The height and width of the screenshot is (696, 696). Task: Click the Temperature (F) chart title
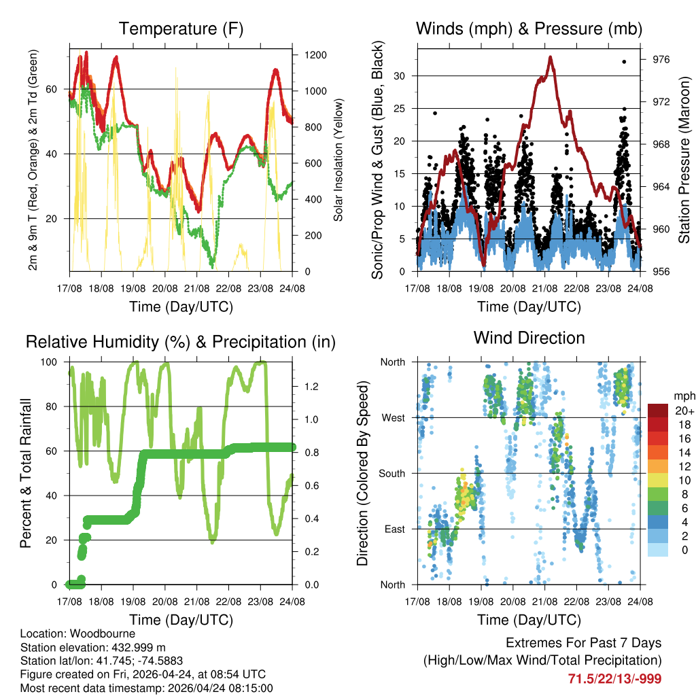pos(181,29)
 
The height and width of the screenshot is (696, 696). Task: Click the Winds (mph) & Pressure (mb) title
pos(529,29)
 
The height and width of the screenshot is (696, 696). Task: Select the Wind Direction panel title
pos(529,338)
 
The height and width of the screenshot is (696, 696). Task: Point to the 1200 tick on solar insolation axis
pos(317,55)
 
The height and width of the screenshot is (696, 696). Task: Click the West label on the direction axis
pos(392,417)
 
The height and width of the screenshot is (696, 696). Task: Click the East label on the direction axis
pos(393,529)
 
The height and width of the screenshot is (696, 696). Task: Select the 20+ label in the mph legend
pos(684,411)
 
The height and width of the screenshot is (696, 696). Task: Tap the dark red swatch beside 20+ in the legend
pos(658,410)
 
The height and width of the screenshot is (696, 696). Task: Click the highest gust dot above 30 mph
pos(624,62)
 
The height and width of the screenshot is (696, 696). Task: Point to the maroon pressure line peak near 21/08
pos(550,57)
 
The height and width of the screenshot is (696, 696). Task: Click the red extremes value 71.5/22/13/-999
pos(614,678)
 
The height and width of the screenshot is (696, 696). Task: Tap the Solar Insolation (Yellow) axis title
pos(338,160)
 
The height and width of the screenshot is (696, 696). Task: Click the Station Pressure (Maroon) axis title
pos(684,160)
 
